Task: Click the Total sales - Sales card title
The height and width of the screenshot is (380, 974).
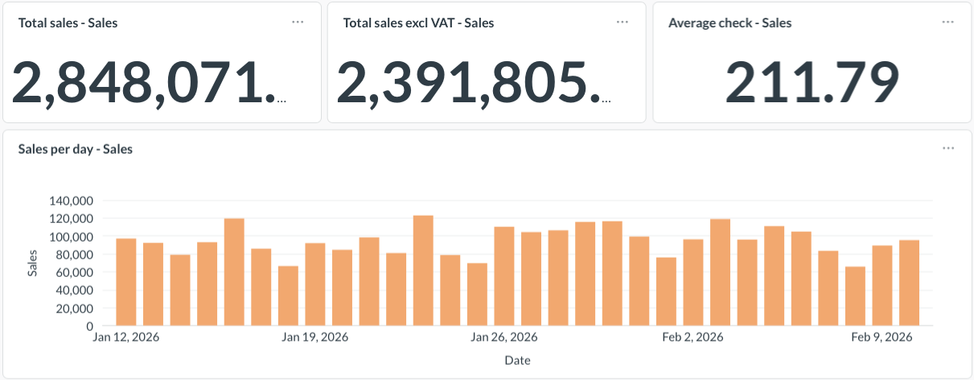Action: [x=68, y=23]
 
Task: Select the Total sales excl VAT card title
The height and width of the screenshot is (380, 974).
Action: [x=418, y=23]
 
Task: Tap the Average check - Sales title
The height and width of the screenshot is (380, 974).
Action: [x=729, y=23]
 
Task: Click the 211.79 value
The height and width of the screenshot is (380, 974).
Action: [x=812, y=82]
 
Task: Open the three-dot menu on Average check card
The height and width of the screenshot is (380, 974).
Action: [x=948, y=22]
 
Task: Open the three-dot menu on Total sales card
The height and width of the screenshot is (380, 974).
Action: [x=298, y=22]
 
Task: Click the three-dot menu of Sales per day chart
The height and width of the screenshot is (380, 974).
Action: [x=948, y=148]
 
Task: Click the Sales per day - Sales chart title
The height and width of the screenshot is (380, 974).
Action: [x=75, y=149]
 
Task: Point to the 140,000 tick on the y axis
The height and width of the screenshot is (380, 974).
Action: [x=72, y=200]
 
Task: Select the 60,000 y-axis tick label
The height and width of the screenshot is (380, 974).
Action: [x=75, y=272]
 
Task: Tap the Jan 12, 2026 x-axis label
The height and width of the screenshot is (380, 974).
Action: [x=126, y=337]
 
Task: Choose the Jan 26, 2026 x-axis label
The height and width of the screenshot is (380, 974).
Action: [x=504, y=337]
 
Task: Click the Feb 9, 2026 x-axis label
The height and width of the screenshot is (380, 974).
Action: [x=882, y=337]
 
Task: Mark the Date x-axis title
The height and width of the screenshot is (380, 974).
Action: [x=517, y=360]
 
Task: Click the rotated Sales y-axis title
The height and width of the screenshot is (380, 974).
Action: [x=33, y=263]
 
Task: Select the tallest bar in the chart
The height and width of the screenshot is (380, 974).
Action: [x=423, y=271]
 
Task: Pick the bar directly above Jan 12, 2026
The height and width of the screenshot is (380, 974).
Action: [x=126, y=282]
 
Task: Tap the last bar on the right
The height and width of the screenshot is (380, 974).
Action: [x=909, y=283]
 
